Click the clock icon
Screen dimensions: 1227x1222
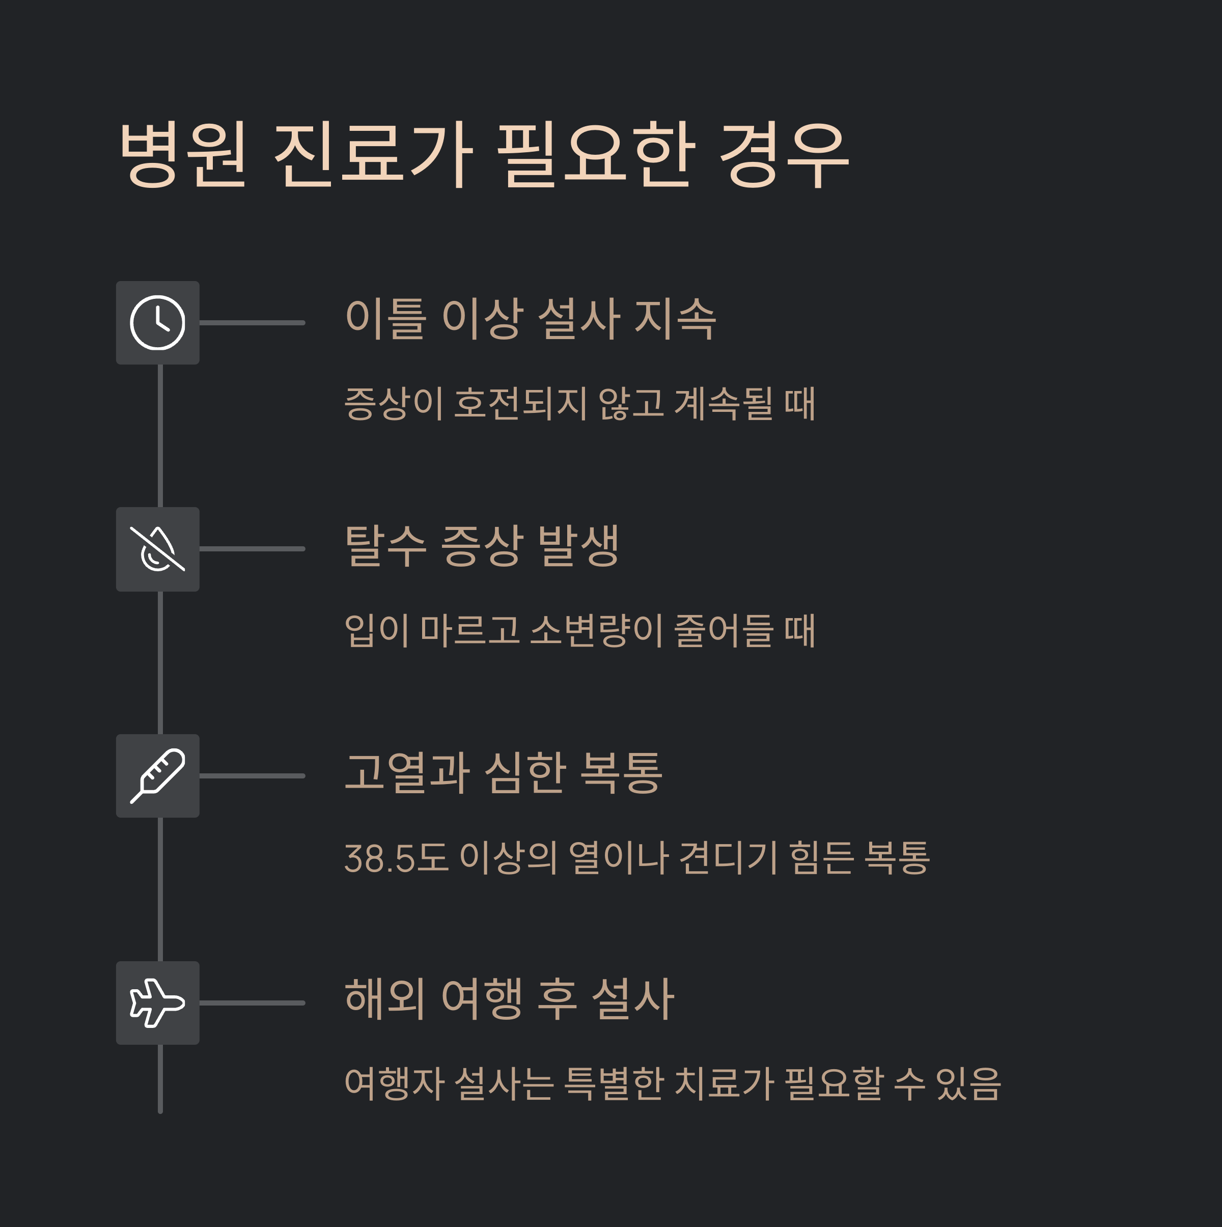point(157,323)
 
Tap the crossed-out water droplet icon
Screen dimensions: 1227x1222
point(157,549)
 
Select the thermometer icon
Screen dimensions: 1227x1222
point(157,775)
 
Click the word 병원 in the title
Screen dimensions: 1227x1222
point(183,154)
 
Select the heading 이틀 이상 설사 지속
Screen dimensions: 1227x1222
point(531,318)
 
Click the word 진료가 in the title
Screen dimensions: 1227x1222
point(373,154)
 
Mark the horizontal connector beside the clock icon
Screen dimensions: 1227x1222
point(252,323)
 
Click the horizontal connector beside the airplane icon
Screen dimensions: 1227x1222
point(252,1003)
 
